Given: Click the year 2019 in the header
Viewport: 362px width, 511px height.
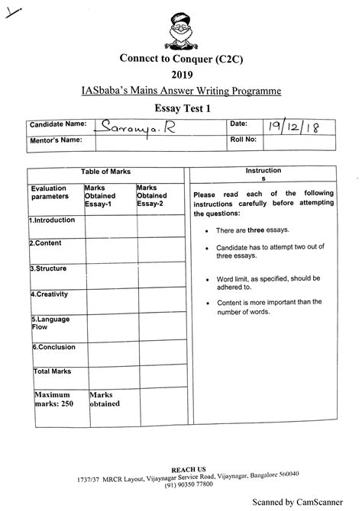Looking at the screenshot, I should coord(182,74).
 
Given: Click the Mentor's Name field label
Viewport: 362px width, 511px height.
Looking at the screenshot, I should coord(55,140).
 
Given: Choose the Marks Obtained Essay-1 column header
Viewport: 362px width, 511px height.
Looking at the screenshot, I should coord(106,195).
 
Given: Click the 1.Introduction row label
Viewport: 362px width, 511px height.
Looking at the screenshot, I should coord(53,220).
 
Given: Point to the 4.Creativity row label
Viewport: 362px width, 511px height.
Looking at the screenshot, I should coord(50,293).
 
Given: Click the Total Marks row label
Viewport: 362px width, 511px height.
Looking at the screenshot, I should coord(52,371).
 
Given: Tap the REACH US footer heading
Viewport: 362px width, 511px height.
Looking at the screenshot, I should coord(182,466).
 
